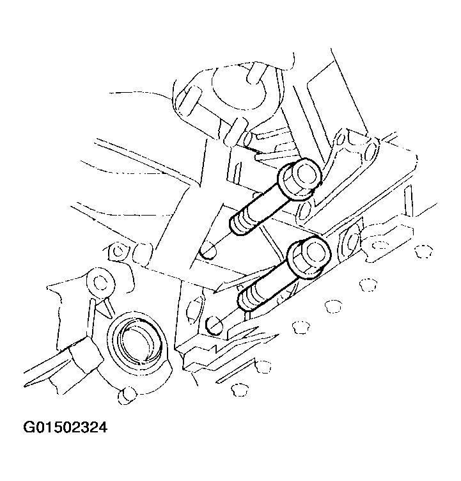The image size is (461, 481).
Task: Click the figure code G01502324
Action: coord(65,427)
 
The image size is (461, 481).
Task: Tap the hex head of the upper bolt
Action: coord(300,179)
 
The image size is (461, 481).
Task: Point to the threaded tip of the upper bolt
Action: coord(239,225)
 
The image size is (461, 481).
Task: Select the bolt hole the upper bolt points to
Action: coord(208,251)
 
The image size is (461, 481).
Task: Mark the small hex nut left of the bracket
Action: coord(118,251)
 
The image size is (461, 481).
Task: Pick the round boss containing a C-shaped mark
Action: coord(100,282)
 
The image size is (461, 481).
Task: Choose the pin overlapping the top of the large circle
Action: coord(255,73)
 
